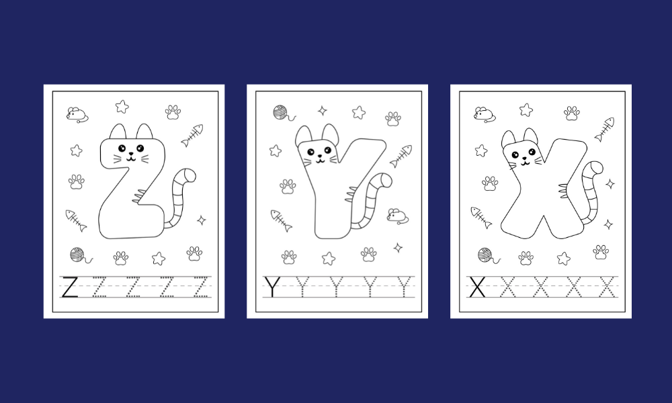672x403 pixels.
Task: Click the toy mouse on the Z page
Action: coord(77,115)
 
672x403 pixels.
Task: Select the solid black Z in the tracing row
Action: coord(69,287)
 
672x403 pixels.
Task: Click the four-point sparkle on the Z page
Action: coord(202,220)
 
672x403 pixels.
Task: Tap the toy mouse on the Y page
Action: coord(397,216)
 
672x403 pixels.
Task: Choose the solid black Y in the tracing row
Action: coord(272,287)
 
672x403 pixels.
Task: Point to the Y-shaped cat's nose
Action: coord(319,156)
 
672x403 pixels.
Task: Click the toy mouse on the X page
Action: coord(485,115)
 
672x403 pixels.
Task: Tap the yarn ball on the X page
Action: coord(488,256)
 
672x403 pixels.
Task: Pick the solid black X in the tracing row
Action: coord(477,287)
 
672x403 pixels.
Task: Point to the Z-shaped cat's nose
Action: coord(131,154)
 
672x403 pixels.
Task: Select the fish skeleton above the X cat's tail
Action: coord(604,129)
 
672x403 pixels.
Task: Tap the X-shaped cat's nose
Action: coord(523,158)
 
